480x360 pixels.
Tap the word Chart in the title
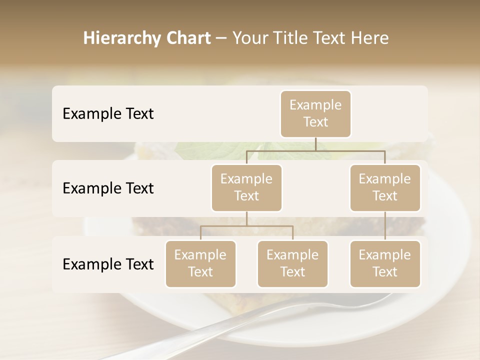click(187, 38)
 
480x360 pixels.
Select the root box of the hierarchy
click(315, 114)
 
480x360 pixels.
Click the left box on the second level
click(246, 188)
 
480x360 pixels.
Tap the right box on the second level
click(385, 188)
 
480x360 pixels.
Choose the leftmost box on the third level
click(200, 264)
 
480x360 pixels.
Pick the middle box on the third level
click(292, 264)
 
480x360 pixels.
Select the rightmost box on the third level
click(385, 264)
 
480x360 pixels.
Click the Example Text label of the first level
click(108, 114)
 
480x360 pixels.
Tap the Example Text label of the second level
click(108, 188)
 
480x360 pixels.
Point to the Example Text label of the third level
click(108, 264)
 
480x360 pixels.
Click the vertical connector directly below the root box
click(315, 144)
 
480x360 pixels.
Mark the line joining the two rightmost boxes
click(385, 226)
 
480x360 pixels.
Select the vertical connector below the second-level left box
click(246, 218)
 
